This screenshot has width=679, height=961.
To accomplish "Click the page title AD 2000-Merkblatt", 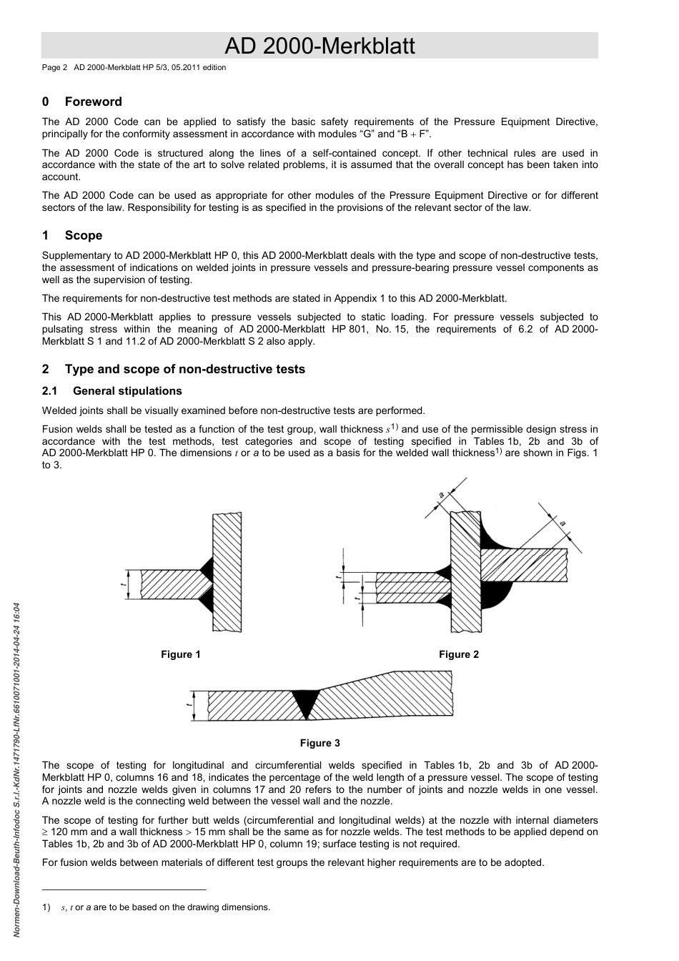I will pos(319,46).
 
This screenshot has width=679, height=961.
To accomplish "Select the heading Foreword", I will pos(93,102).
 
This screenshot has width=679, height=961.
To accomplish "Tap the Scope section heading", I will pos(83,235).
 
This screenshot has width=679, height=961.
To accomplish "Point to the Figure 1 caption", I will pos(181,654).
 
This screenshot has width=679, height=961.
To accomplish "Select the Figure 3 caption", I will pos(319,743).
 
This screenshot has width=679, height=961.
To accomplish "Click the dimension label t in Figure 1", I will pos(124,585).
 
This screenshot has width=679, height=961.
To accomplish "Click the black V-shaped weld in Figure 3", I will pos(306,701).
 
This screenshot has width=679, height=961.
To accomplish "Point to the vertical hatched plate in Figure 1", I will pos(228,572).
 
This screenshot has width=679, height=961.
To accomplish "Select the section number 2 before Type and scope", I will pos(46,369).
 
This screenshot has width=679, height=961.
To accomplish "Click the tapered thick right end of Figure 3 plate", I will pos(422,694).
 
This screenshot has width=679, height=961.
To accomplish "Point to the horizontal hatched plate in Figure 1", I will pos(172,584).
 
